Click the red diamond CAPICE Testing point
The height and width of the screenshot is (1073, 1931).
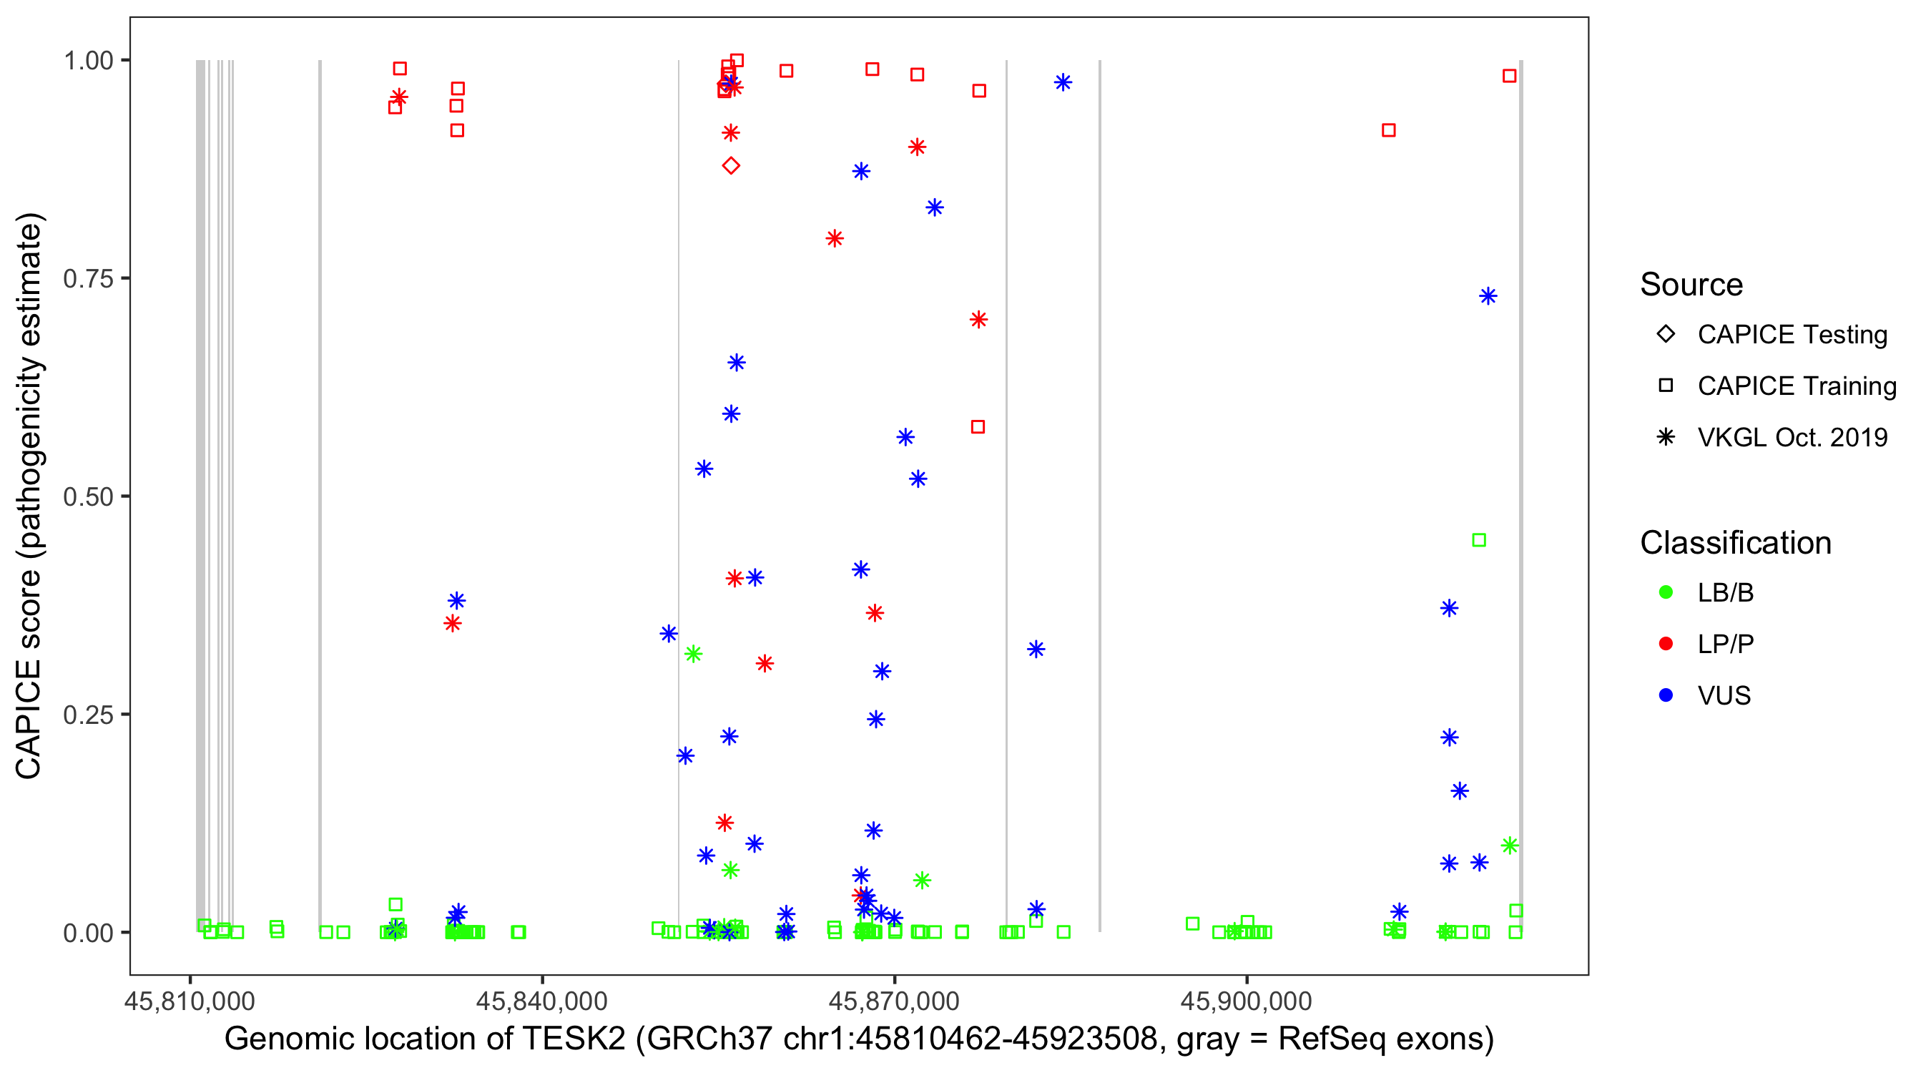click(x=731, y=166)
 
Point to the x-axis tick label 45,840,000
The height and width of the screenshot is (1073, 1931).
click(x=542, y=1001)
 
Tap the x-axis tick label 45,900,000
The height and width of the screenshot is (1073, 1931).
click(x=1247, y=1001)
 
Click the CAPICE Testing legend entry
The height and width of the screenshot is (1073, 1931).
click(x=1792, y=335)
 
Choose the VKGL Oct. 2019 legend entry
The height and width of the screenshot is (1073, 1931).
click(x=1792, y=437)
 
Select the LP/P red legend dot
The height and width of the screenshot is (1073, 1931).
click(x=1666, y=644)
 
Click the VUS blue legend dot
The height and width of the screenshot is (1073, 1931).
click(x=1666, y=695)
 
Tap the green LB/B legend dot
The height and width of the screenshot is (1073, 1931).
click(x=1666, y=592)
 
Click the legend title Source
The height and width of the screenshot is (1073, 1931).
click(x=1691, y=285)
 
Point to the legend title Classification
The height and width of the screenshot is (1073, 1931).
click(x=1735, y=543)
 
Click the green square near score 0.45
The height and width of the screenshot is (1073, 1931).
click(x=1479, y=540)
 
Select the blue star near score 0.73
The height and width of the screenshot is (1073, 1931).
click(x=1488, y=296)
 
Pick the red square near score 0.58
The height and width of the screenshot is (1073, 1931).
click(x=978, y=426)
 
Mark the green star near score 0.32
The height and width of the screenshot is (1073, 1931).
click(x=694, y=654)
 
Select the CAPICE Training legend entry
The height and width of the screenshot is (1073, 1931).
click(x=1796, y=386)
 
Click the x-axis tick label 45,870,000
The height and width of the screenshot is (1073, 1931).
click(x=893, y=1001)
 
